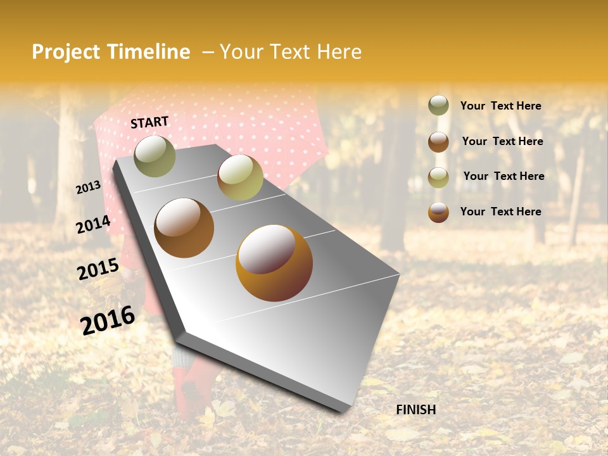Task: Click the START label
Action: pos(149,122)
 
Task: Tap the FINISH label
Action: pos(415,410)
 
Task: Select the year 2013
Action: pos(89,187)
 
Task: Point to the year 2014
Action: pos(93,225)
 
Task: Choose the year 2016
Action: pos(108,320)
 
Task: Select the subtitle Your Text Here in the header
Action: pos(290,52)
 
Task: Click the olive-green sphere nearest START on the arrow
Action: pos(155,156)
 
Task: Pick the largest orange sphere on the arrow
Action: pos(274,263)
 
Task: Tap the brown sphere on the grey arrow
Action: pos(184,228)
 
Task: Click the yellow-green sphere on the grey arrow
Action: pos(240,177)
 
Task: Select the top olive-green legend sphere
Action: pos(438,105)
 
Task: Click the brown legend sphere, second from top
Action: pos(438,141)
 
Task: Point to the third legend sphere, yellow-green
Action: pos(438,177)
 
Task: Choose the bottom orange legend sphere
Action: pos(438,212)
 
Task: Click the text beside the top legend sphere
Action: pos(500,106)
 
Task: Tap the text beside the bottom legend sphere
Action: pos(500,212)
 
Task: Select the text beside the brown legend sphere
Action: pos(502,141)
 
